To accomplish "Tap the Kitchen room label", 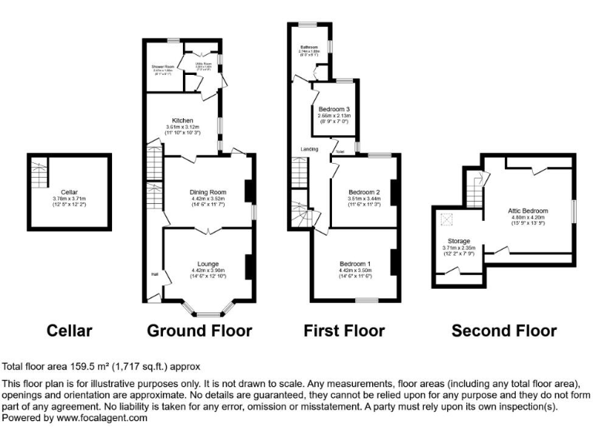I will [x=182, y=121].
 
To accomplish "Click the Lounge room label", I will [x=208, y=264].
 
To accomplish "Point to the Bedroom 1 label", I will [x=355, y=264].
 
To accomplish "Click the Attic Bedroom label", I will [x=529, y=211].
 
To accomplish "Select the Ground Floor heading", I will [x=199, y=331].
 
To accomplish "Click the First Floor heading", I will [x=344, y=331].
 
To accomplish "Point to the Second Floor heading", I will [x=504, y=331].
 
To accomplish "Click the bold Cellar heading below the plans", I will [x=69, y=331].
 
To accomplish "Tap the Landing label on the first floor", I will [x=300, y=149].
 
